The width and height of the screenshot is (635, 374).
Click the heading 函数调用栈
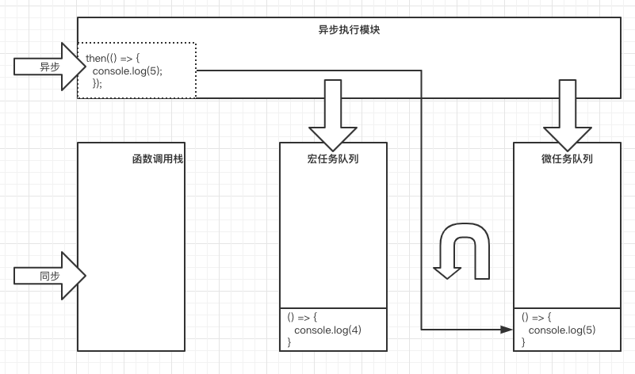(x=157, y=158)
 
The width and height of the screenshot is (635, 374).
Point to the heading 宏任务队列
(x=333, y=158)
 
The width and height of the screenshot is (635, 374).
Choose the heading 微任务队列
(x=567, y=158)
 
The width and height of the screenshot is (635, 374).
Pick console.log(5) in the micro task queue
(x=562, y=330)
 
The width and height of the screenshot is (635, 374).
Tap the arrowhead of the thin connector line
(x=507, y=329)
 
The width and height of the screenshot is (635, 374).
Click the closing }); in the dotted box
(x=98, y=82)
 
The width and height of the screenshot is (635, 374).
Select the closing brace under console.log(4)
(x=289, y=342)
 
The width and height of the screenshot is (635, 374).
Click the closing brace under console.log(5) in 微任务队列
(x=524, y=342)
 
